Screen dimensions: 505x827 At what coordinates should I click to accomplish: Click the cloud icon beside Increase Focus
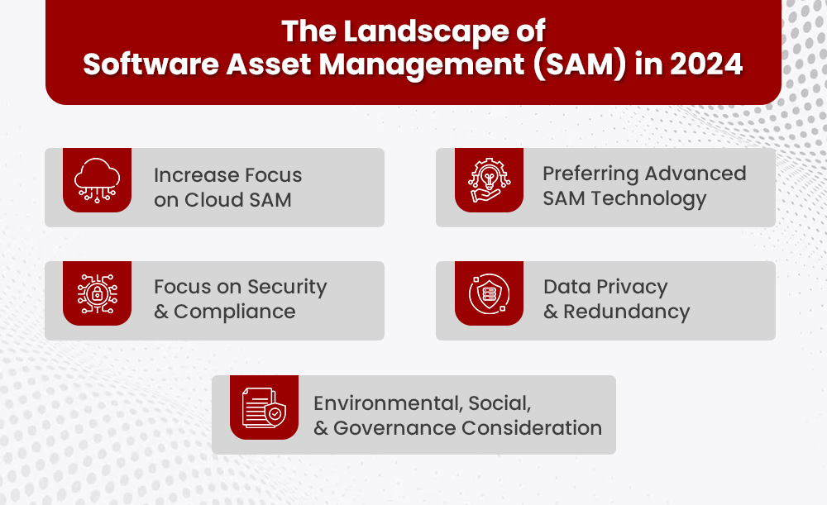click(x=98, y=179)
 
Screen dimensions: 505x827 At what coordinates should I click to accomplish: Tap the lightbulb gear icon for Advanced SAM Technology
click(x=489, y=179)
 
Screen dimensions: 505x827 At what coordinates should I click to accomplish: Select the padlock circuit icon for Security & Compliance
click(x=98, y=293)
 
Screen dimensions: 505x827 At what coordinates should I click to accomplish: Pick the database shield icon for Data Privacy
click(x=489, y=293)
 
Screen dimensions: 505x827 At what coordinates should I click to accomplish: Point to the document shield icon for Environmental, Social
click(x=264, y=407)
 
